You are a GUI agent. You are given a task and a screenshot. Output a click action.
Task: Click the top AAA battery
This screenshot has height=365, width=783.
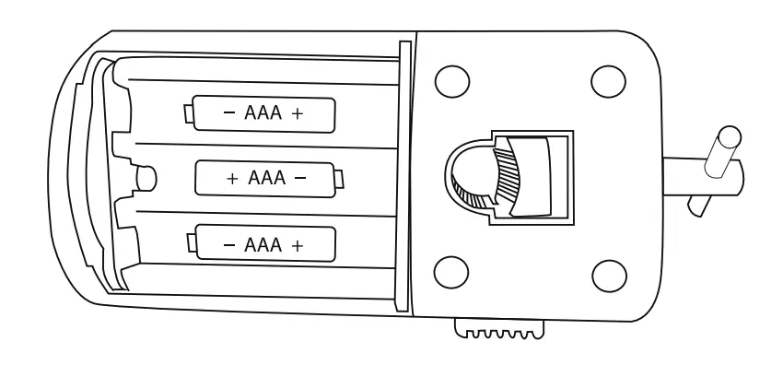click(263, 114)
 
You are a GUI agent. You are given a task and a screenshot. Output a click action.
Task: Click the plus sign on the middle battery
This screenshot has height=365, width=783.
click(232, 178)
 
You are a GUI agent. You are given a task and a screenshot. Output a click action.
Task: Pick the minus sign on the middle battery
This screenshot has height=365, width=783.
click(301, 178)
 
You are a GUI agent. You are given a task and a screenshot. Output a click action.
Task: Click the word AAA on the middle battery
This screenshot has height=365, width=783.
click(267, 178)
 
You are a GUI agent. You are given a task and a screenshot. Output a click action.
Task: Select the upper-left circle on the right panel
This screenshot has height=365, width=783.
click(448, 80)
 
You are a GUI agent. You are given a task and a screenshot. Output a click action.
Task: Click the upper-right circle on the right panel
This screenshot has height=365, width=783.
click(608, 80)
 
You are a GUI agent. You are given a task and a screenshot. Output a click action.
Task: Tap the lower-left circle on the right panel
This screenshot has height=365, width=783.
click(448, 272)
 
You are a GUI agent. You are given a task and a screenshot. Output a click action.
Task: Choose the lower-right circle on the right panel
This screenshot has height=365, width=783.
click(608, 274)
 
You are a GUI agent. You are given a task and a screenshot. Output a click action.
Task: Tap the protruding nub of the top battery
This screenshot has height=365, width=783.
click(189, 114)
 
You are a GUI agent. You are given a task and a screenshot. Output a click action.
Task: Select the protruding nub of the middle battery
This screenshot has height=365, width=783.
click(340, 178)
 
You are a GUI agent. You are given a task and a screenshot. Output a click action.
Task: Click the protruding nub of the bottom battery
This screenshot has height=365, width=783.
click(191, 244)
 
